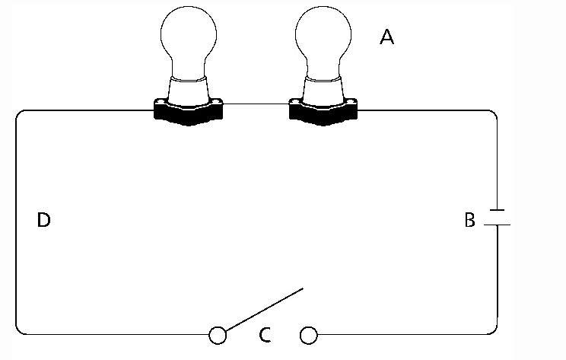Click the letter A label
[x=386, y=37]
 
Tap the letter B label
[x=469, y=221]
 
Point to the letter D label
[x=43, y=221]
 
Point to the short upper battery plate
[x=496, y=209]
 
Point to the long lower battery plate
[x=496, y=225]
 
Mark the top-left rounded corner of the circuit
[x=21, y=114]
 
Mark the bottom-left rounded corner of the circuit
[x=21, y=329]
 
